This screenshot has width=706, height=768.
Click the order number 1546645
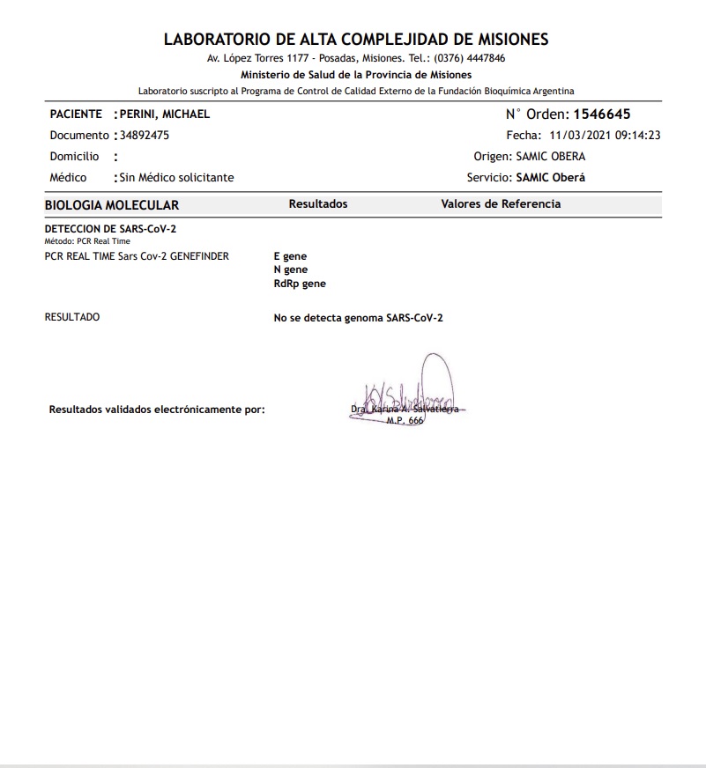[x=602, y=114]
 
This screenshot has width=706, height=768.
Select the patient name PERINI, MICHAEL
[x=164, y=114]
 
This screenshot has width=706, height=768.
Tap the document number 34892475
[x=145, y=136]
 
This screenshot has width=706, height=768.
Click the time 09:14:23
[x=638, y=136]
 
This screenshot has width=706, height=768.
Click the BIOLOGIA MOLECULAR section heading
[x=112, y=205]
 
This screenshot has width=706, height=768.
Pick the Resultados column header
[x=318, y=204]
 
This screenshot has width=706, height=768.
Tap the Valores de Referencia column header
[x=501, y=204]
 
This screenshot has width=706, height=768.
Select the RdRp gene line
[x=300, y=284]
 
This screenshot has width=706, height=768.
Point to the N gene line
[x=291, y=270]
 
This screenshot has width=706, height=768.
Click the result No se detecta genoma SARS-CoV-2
[x=359, y=317]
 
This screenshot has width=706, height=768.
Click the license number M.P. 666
[x=405, y=421]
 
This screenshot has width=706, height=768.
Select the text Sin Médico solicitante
[x=176, y=177]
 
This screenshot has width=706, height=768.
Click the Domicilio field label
[x=75, y=157]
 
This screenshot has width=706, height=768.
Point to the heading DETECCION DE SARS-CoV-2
[x=110, y=229]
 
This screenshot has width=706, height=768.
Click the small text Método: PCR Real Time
[x=87, y=241]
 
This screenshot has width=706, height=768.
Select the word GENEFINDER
[x=199, y=256]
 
